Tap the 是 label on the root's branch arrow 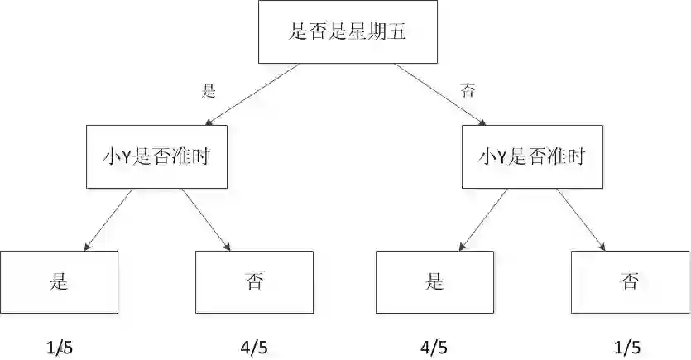[x=209, y=90]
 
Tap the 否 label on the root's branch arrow [x=468, y=90]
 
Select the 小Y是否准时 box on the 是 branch [x=156, y=156]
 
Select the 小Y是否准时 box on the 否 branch [x=533, y=156]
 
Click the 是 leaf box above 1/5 [x=59, y=281]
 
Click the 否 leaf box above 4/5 [x=254, y=281]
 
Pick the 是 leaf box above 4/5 [x=434, y=281]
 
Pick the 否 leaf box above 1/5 [x=630, y=281]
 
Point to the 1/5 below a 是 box [x=59, y=347]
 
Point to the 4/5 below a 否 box [x=253, y=347]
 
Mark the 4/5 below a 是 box [x=434, y=347]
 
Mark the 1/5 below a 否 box [x=626, y=347]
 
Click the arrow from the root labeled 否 [x=439, y=95]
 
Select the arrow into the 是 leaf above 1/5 [x=108, y=219]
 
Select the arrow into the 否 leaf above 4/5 [x=205, y=219]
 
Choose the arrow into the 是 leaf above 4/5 [x=484, y=219]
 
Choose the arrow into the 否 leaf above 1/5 [x=582, y=219]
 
